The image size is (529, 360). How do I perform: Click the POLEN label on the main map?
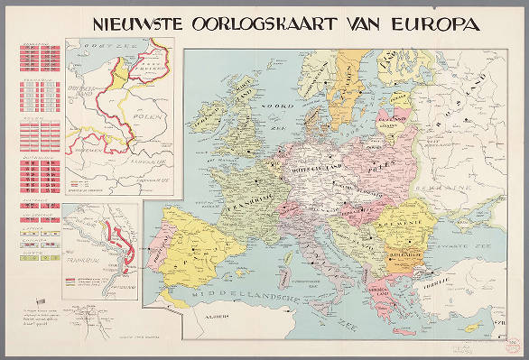tap(378, 168)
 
